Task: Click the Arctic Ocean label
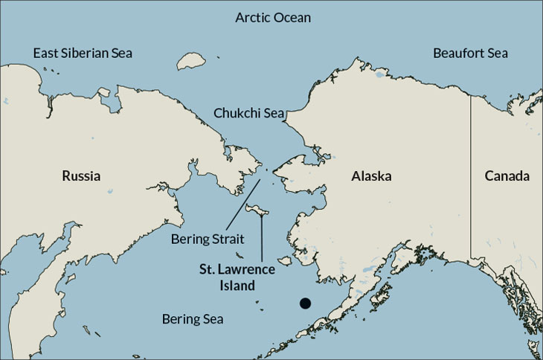tap(273, 17)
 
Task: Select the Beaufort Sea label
tap(470, 54)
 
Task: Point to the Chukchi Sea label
tap(249, 113)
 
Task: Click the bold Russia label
tap(81, 176)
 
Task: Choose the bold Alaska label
tap(371, 176)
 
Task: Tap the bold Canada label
tap(507, 176)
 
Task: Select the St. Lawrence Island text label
tap(237, 276)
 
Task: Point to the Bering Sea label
tap(193, 319)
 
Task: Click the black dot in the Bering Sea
tap(305, 303)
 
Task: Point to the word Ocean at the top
tap(292, 17)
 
